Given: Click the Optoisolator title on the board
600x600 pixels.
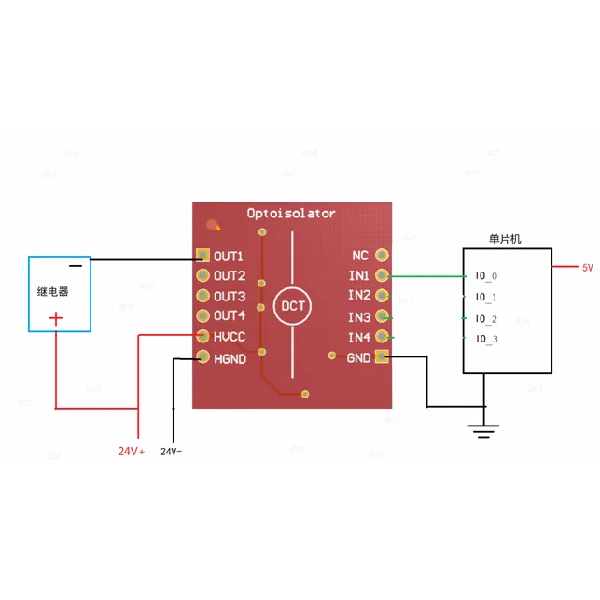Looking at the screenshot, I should (x=290, y=214).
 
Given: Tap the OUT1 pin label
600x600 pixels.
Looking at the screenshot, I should (x=229, y=256).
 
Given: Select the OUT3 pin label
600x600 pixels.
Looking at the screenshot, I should (x=229, y=296).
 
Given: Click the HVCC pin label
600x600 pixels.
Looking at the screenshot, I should (x=230, y=336).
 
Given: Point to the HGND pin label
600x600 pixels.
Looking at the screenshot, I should (x=230, y=356).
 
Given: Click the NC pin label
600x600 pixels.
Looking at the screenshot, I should (x=359, y=256).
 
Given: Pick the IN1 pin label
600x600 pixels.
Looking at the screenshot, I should (x=359, y=276).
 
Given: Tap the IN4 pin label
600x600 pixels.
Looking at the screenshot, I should (x=359, y=337).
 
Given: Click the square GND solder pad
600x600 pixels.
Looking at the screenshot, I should (x=382, y=356).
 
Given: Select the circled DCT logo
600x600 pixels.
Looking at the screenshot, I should (x=292, y=306).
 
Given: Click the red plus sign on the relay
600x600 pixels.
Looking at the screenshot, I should (x=56, y=319).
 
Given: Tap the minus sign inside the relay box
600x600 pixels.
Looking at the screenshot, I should (x=76, y=266).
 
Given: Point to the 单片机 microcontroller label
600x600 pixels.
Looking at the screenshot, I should (x=506, y=240).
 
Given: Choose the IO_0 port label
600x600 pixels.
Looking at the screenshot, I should (x=486, y=276).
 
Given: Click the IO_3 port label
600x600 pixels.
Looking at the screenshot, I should (x=486, y=338).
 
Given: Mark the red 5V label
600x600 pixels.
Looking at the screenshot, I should (x=588, y=268).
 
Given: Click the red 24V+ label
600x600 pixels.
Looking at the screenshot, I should (x=131, y=452).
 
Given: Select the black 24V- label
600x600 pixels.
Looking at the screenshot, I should (x=172, y=452).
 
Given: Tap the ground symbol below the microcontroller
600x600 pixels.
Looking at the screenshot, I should (x=482, y=430).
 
